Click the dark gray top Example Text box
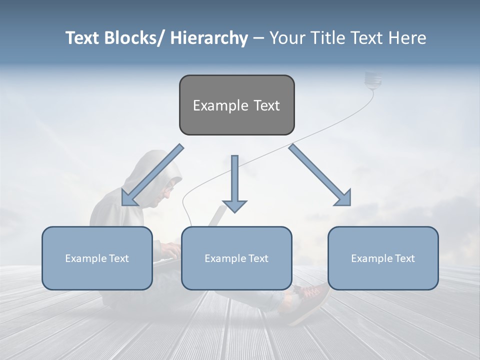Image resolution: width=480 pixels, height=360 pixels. pyautogui.click(x=236, y=105)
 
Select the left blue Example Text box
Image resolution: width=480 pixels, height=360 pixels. pyautogui.click(x=97, y=258)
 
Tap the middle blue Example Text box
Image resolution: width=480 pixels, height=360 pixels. pyautogui.click(x=236, y=258)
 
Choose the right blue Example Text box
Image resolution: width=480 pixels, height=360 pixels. pyautogui.click(x=383, y=258)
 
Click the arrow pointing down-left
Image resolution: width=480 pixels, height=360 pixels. pyautogui.click(x=152, y=175)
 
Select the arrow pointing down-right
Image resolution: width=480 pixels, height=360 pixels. pyautogui.click(x=320, y=175)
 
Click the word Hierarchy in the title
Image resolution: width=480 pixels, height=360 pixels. pyautogui.click(x=209, y=38)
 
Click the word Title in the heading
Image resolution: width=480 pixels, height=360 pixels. pyautogui.click(x=327, y=38)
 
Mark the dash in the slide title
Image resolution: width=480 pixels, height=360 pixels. pyautogui.click(x=258, y=38)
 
